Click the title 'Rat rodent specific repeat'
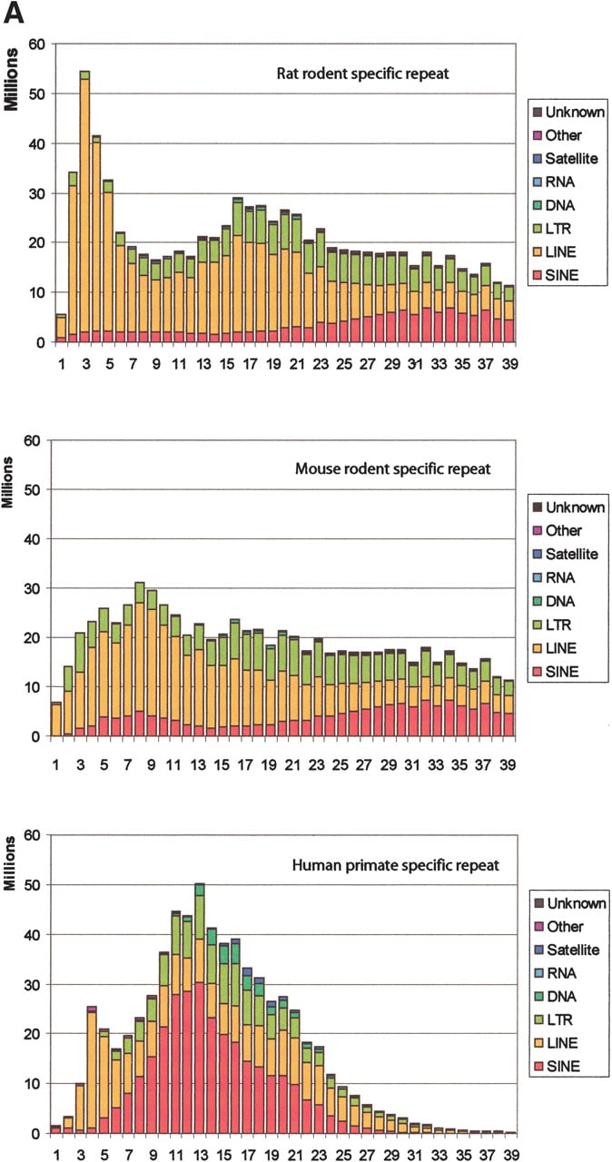[362, 74]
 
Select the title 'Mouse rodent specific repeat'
[392, 469]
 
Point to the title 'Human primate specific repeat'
[395, 865]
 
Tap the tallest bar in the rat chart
[85, 206]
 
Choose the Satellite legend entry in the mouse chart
[566, 554]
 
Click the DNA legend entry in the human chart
[556, 996]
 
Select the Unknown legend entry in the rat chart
[568, 112]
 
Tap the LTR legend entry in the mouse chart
[552, 625]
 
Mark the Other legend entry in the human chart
[558, 926]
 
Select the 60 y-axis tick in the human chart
[32, 836]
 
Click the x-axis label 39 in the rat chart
[509, 364]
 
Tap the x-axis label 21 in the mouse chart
[292, 765]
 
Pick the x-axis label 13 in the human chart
[200, 1154]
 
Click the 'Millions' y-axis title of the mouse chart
[8, 483]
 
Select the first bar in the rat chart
[61, 329]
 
